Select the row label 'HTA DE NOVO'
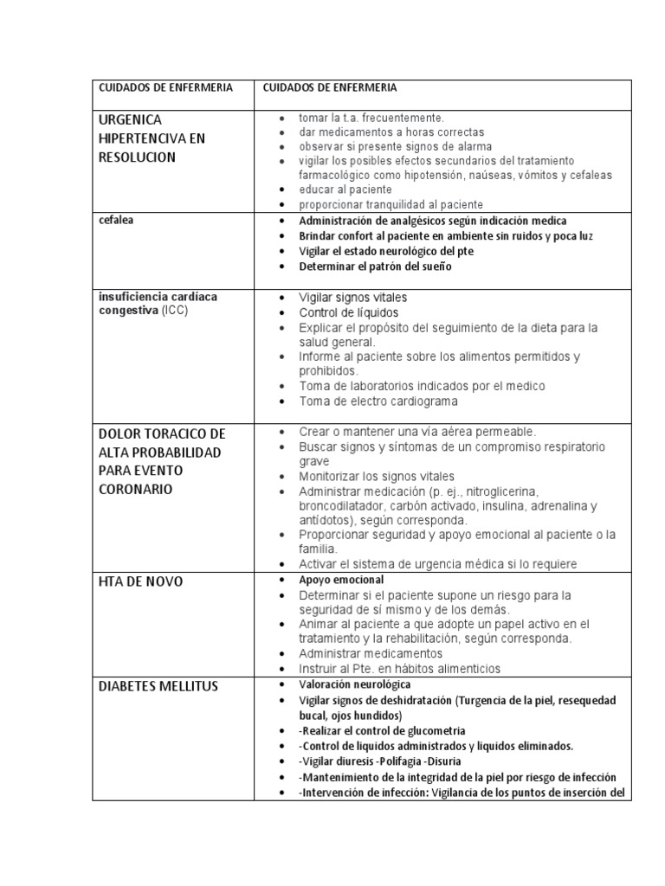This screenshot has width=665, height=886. (141, 582)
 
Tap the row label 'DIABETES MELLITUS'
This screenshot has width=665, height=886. (158, 686)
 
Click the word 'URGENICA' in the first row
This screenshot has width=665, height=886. (132, 119)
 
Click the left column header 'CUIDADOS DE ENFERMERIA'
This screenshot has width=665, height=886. (165, 88)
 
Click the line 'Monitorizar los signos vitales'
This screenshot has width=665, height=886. (377, 477)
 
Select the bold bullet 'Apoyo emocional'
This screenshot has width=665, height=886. (341, 580)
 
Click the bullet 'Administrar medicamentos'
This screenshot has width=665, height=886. (371, 653)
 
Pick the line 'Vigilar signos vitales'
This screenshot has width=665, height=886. (352, 297)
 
